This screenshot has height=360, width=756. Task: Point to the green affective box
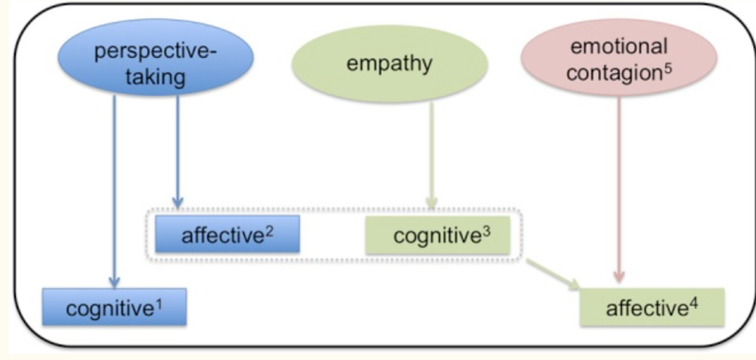[638, 308]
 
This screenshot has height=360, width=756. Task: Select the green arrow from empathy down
[431, 152]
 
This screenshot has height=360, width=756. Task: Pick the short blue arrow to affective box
[177, 152]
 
